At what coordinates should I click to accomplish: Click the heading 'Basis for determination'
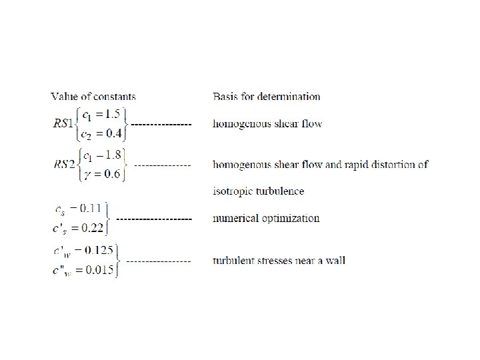click(x=266, y=97)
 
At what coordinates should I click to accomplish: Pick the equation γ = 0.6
click(x=101, y=175)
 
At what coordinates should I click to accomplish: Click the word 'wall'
click(x=335, y=260)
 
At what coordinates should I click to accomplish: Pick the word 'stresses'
click(x=273, y=260)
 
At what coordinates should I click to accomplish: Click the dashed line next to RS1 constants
click(x=161, y=124)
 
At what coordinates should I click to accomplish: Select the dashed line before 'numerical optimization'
click(x=154, y=218)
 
